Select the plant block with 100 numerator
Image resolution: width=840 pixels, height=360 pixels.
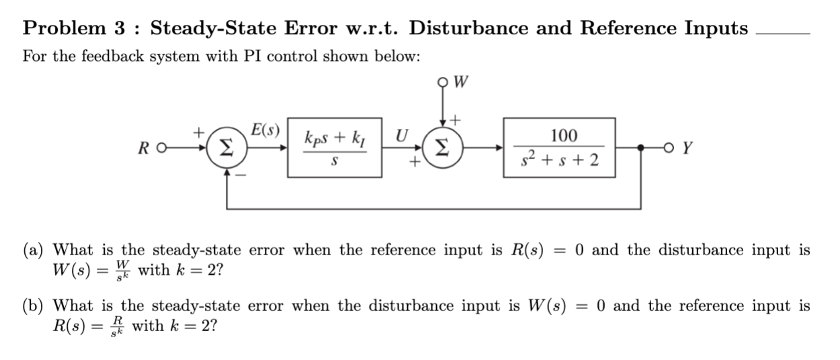pyautogui.click(x=564, y=148)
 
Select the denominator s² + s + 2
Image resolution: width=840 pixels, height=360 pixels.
pyautogui.click(x=563, y=162)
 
